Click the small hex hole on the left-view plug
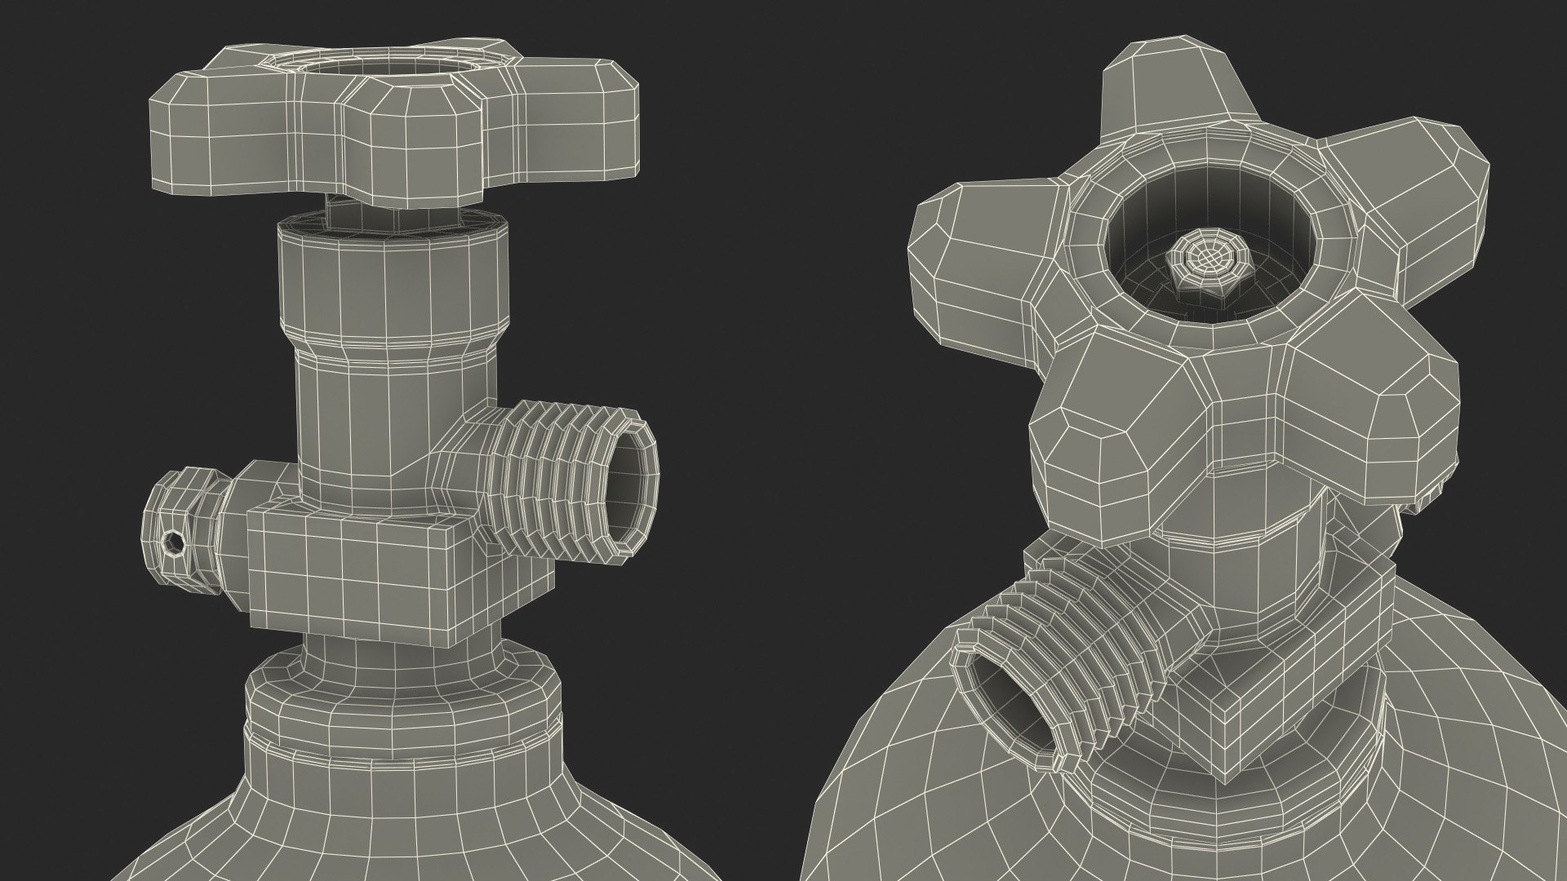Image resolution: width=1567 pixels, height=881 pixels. click(174, 541)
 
